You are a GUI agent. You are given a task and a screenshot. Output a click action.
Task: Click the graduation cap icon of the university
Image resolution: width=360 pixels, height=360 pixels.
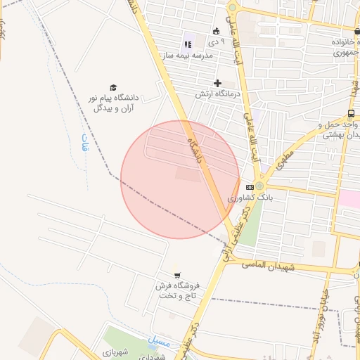pos(113,87)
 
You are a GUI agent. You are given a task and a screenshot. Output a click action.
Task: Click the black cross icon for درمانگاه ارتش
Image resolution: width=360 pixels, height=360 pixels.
pos(218,83)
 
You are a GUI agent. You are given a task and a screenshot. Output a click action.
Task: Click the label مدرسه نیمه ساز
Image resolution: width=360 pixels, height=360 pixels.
pos(188,56)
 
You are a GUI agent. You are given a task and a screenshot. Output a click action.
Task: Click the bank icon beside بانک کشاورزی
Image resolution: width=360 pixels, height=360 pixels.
pos(250,187)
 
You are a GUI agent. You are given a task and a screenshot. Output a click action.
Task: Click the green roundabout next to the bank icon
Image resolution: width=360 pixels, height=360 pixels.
pos(259,186)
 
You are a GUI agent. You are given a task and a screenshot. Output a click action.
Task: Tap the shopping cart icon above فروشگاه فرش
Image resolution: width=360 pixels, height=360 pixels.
pos(177,274)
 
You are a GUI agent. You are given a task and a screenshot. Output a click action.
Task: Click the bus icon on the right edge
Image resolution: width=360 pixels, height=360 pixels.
pos(351,113)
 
